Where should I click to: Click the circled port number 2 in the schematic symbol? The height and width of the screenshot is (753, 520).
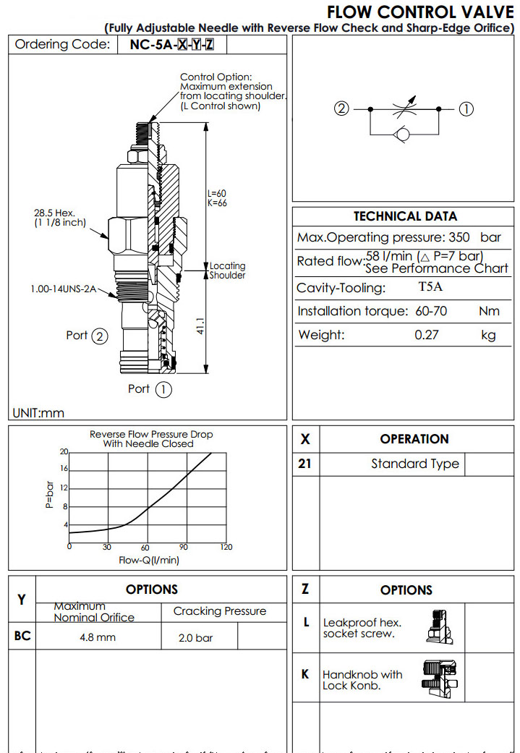pyautogui.click(x=342, y=109)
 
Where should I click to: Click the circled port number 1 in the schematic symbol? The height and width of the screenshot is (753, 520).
pyautogui.click(x=466, y=109)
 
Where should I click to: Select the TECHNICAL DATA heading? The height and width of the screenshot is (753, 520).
pyautogui.click(x=405, y=216)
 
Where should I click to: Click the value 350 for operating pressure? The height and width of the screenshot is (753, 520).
pyautogui.click(x=459, y=237)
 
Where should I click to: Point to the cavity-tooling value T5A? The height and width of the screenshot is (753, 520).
pyautogui.click(x=431, y=287)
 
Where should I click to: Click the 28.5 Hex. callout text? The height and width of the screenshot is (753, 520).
pyautogui.click(x=55, y=213)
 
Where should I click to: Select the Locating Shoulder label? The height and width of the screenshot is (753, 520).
pyautogui.click(x=227, y=271)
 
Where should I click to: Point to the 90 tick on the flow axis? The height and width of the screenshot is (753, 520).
pyautogui.click(x=183, y=547)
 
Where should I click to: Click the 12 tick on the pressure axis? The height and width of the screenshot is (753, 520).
pyautogui.click(x=64, y=488)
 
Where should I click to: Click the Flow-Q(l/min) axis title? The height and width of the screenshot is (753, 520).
pyautogui.click(x=149, y=559)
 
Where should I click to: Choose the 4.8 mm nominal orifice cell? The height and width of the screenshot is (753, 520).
pyautogui.click(x=98, y=638)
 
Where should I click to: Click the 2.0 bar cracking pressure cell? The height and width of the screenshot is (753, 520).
pyautogui.click(x=196, y=638)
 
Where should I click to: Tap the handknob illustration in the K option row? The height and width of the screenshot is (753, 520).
pyautogui.click(x=440, y=676)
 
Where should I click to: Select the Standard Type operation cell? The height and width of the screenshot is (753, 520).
pyautogui.click(x=414, y=464)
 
